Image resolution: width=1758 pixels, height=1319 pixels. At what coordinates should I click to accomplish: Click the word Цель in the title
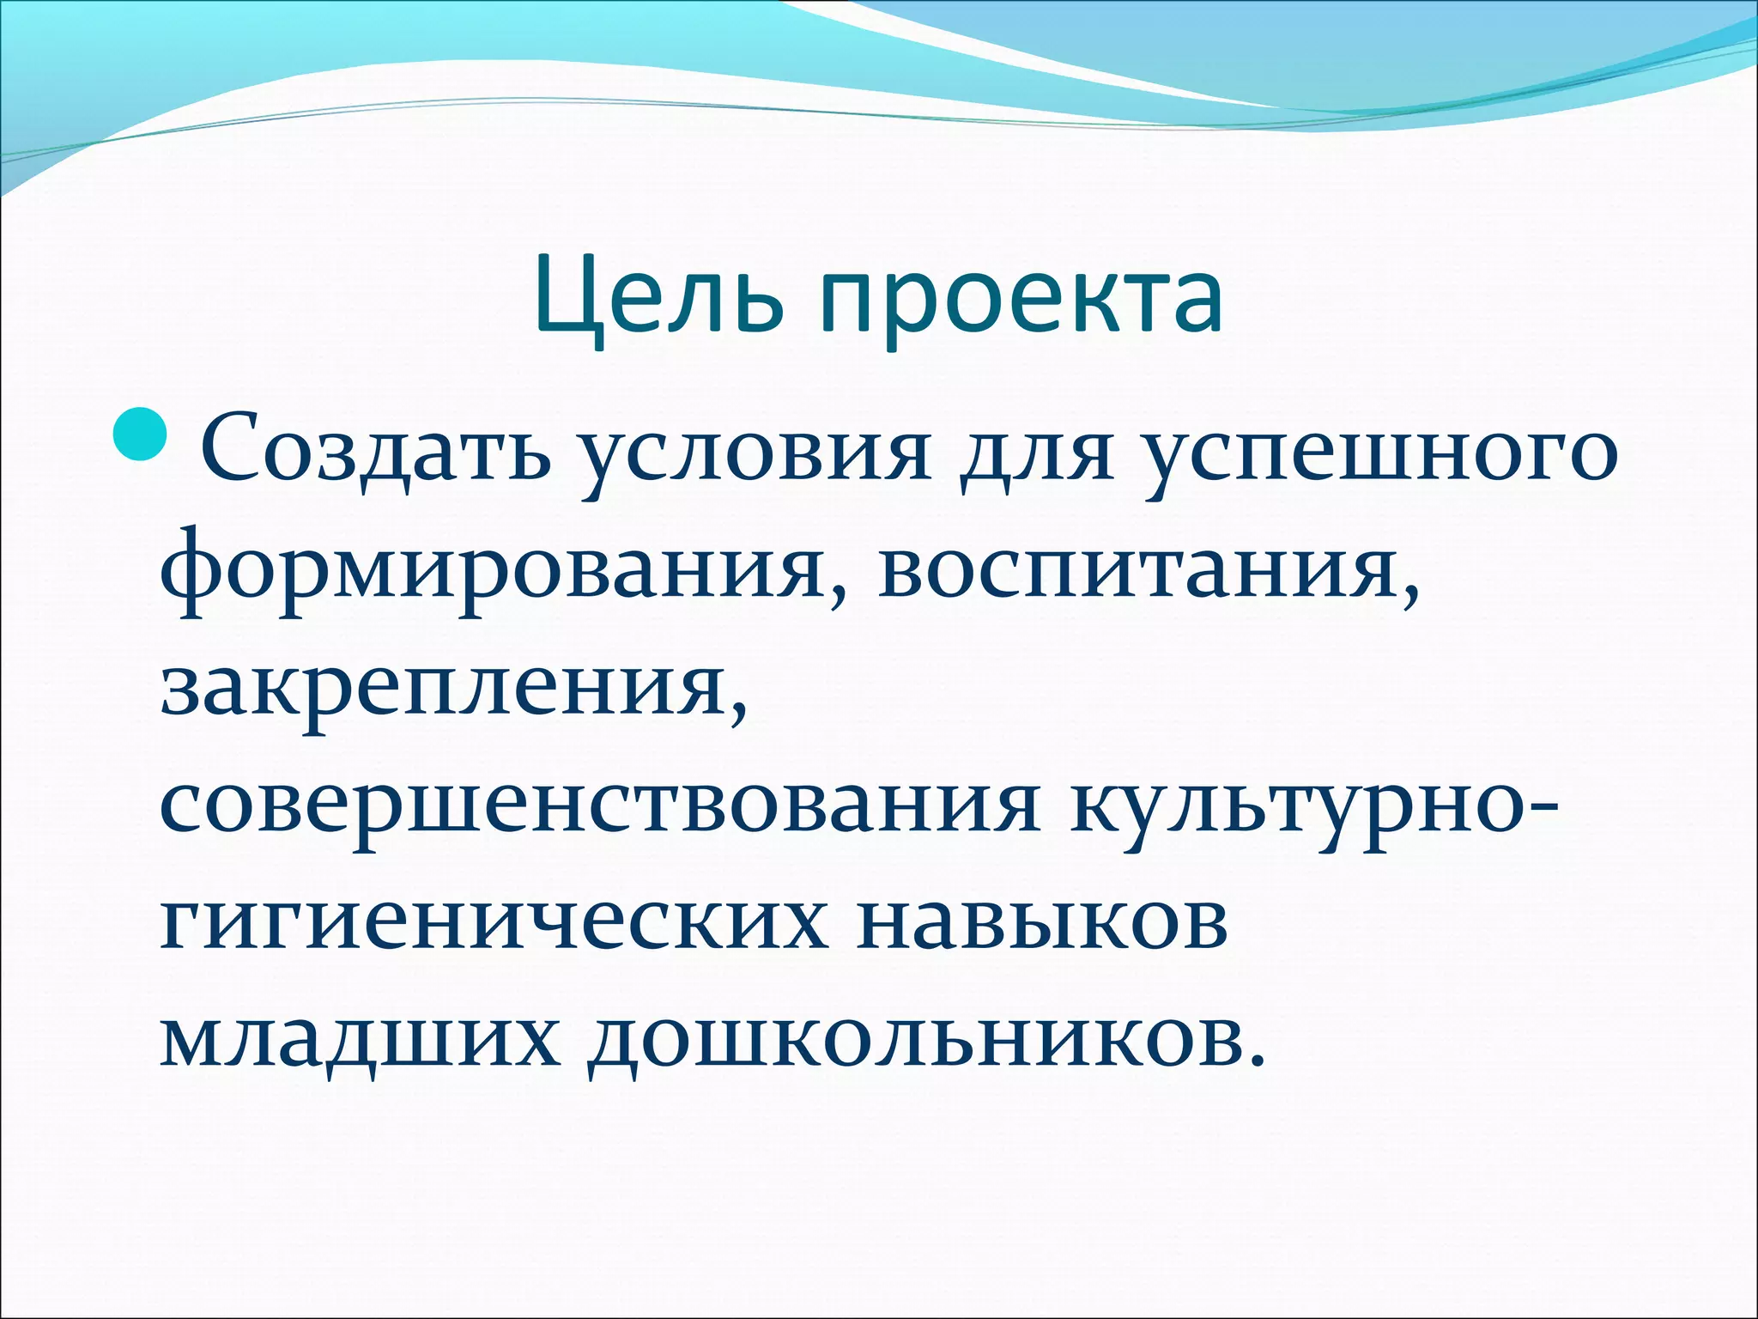pos(658,297)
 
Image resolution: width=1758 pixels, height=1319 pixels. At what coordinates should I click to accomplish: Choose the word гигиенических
pos(494,922)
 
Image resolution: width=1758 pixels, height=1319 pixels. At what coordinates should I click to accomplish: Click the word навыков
pos(1042,922)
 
